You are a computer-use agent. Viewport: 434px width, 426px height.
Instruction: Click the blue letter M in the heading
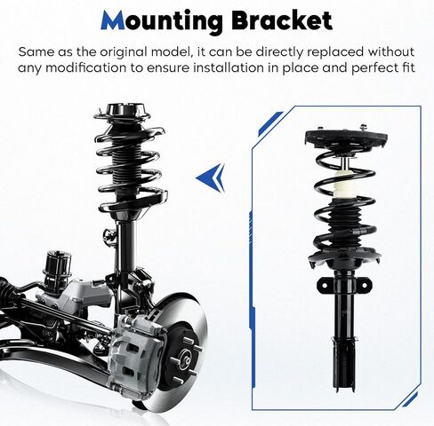coord(113,20)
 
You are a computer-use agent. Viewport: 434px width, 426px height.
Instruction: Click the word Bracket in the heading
coord(282,20)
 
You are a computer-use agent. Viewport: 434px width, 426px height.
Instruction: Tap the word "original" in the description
coord(124,52)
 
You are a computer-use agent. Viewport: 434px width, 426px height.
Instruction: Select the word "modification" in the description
coord(86,68)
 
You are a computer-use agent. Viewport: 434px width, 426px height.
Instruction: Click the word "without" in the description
coord(391,51)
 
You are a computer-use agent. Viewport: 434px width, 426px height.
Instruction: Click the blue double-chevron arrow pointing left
coord(211,177)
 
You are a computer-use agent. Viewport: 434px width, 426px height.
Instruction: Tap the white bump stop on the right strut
coord(344,185)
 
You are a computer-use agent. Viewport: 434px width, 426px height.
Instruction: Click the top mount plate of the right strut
coord(346,138)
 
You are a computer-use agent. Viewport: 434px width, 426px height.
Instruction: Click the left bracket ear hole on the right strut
coord(324,285)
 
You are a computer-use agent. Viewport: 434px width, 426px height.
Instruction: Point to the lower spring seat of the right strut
coord(345,259)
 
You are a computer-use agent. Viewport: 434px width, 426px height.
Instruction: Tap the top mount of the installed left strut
coord(122,112)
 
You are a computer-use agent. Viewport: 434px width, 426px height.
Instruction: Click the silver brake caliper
coord(136,358)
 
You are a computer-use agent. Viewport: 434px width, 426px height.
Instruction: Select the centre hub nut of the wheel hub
coord(186,357)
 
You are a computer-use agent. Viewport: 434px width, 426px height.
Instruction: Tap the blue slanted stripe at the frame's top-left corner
coord(270,123)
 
